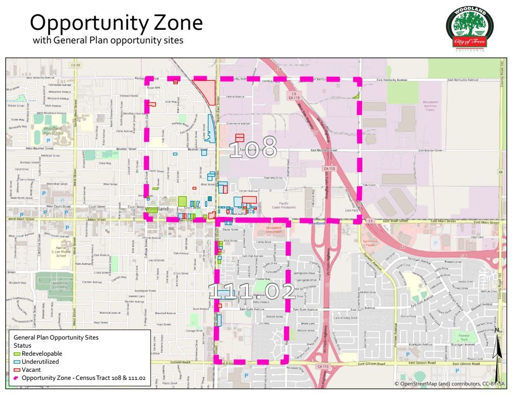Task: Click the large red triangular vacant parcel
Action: click(206, 90)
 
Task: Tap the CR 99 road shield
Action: click(76, 65)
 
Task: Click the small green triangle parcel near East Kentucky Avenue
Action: click(357, 94)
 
